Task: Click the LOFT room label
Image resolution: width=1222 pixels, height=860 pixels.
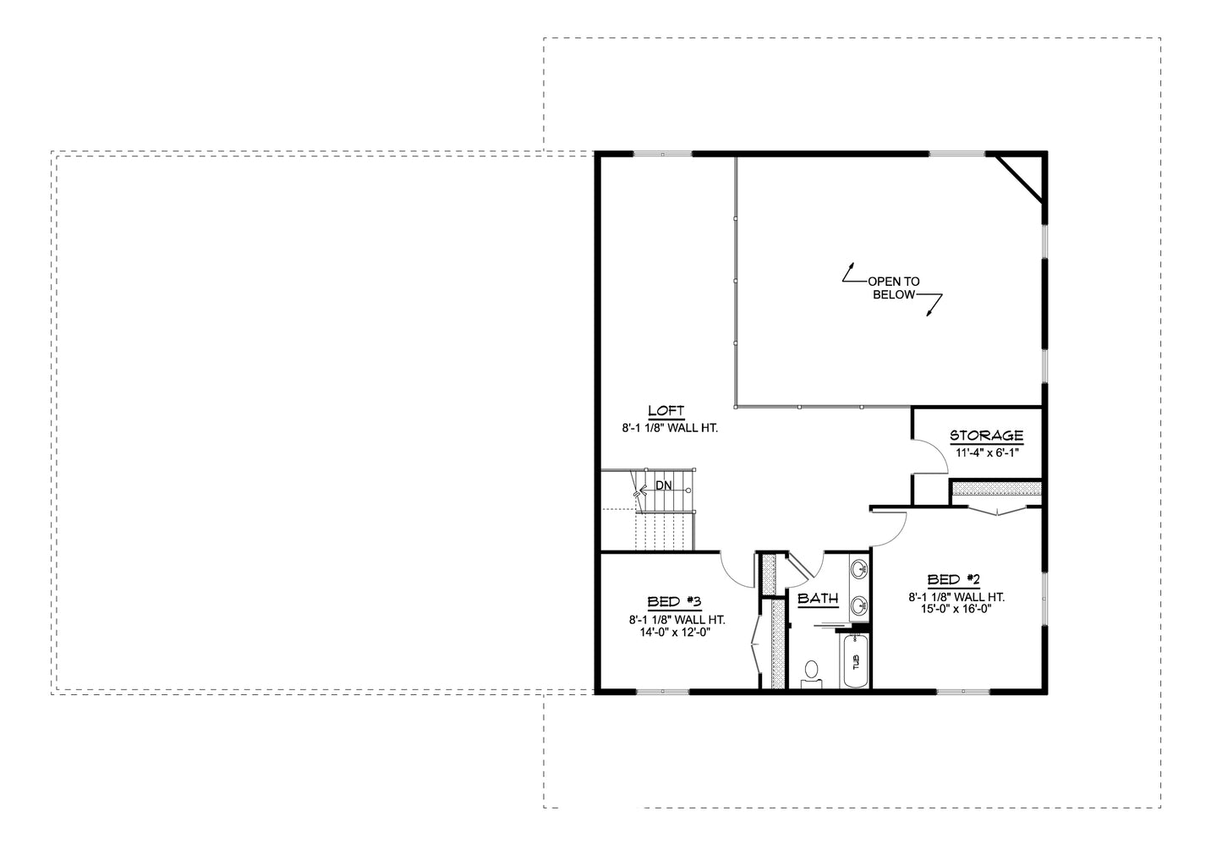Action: pos(666,411)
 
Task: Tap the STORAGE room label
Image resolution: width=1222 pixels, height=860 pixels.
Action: pos(986,436)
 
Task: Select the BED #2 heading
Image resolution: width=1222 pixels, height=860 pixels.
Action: pos(953,580)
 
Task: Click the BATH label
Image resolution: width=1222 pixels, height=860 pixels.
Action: pos(818,599)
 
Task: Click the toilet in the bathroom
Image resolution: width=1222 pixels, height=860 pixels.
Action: pos(812,673)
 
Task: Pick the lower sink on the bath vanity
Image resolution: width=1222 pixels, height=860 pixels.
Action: pos(859,605)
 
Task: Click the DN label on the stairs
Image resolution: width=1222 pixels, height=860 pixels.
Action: pos(663,486)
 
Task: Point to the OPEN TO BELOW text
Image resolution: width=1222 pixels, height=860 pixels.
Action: pos(894,288)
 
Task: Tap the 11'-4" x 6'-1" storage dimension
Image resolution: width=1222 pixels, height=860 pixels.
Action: pos(987,452)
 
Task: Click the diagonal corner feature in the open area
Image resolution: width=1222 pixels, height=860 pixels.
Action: pos(1023,178)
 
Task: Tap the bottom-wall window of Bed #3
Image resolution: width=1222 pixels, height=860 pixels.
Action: pos(662,692)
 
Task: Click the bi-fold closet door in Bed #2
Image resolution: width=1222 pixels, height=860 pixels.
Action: pos(998,510)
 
